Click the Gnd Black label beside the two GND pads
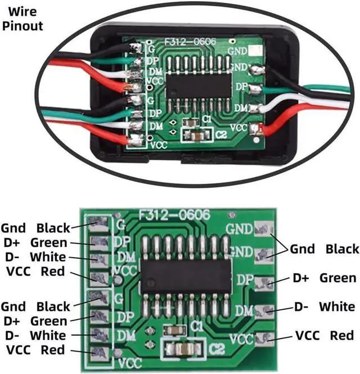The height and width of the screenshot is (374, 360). pos(324,249)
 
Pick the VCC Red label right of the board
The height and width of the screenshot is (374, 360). pos(325,336)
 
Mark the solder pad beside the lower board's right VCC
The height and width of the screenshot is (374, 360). pos(263,337)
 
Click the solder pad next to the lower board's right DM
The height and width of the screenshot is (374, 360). pos(262,309)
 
